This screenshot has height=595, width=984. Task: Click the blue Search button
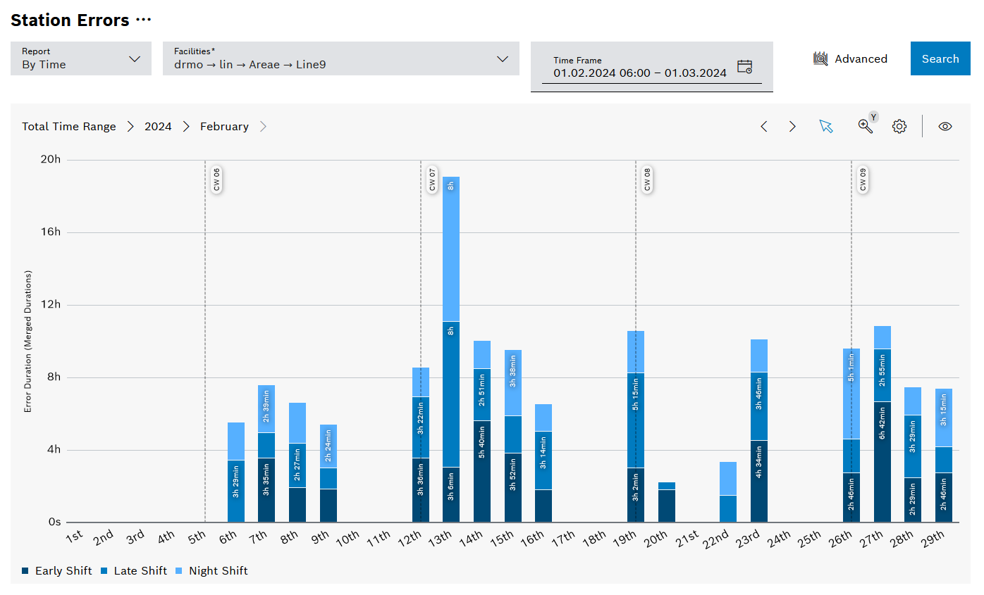(940, 58)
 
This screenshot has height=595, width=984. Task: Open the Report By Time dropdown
(81, 58)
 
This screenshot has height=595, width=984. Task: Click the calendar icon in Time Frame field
(744, 67)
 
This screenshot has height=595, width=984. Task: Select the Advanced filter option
(850, 59)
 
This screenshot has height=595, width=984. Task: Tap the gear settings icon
(899, 127)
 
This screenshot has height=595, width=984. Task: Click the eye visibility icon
(945, 127)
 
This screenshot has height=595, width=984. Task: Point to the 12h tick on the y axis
(49, 305)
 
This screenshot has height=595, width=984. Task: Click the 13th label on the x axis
(441, 538)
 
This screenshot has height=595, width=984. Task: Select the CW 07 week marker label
(432, 180)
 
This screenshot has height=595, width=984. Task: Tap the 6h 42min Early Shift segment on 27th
(882, 461)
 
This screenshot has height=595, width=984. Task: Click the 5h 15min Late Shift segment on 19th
(636, 420)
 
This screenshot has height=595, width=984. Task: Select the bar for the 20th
(666, 503)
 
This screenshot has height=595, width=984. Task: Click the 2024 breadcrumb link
(158, 127)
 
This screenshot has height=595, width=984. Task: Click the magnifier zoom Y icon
(865, 127)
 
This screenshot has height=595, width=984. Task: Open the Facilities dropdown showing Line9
(340, 58)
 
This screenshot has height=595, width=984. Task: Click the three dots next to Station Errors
(143, 20)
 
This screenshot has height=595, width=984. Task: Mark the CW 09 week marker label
(862, 180)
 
